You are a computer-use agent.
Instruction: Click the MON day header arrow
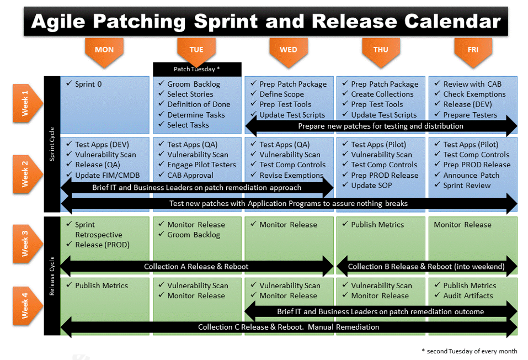coord(104,50)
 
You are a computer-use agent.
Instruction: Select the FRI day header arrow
coord(473,50)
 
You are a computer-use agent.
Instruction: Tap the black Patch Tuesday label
coord(197,69)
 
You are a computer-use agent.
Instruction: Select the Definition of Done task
coord(199,104)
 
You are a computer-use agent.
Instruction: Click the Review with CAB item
coord(472,84)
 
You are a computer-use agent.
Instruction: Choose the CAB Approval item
coord(190,175)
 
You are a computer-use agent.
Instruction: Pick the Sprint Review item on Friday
coord(467,186)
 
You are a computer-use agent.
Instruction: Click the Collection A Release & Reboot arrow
coord(196,267)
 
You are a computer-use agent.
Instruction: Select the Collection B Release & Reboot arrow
coord(426,267)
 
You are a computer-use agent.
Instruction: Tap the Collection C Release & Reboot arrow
coord(289,327)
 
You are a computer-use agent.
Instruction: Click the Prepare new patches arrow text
coord(381,126)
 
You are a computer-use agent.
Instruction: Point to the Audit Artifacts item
coord(468,296)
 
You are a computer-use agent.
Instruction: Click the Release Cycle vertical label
coord(52,276)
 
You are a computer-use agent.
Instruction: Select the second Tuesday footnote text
coord(469,351)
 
